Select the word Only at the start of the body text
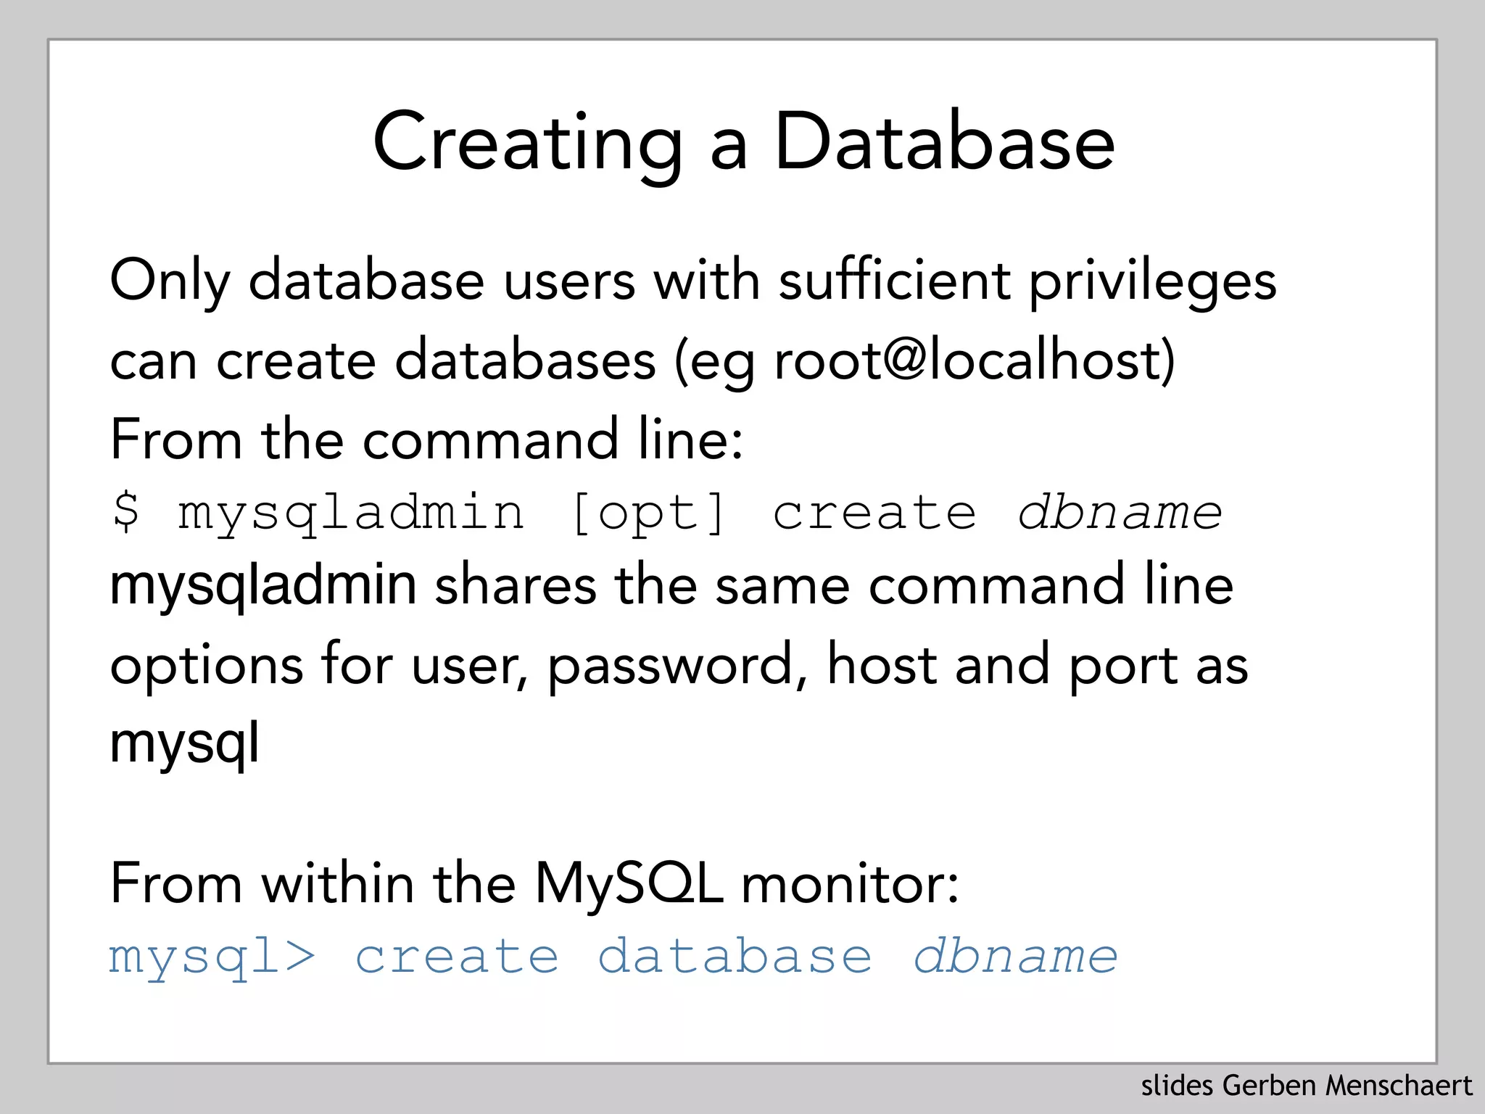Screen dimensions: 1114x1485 click(x=170, y=281)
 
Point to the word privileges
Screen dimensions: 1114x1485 click(x=1153, y=281)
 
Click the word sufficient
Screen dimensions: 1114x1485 click(x=894, y=280)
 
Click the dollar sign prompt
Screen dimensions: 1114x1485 click(x=127, y=512)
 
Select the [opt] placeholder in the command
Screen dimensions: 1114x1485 click(x=648, y=513)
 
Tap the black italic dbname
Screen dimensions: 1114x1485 click(x=1120, y=512)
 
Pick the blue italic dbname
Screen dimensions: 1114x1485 click(x=1015, y=956)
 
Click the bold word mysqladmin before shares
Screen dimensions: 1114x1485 click(x=263, y=586)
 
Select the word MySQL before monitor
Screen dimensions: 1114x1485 click(x=628, y=885)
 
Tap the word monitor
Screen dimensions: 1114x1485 click(x=850, y=885)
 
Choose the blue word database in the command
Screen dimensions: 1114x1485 click(x=735, y=956)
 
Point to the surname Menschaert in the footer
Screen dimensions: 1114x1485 click(x=1399, y=1086)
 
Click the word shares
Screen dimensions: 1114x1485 click(x=515, y=586)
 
